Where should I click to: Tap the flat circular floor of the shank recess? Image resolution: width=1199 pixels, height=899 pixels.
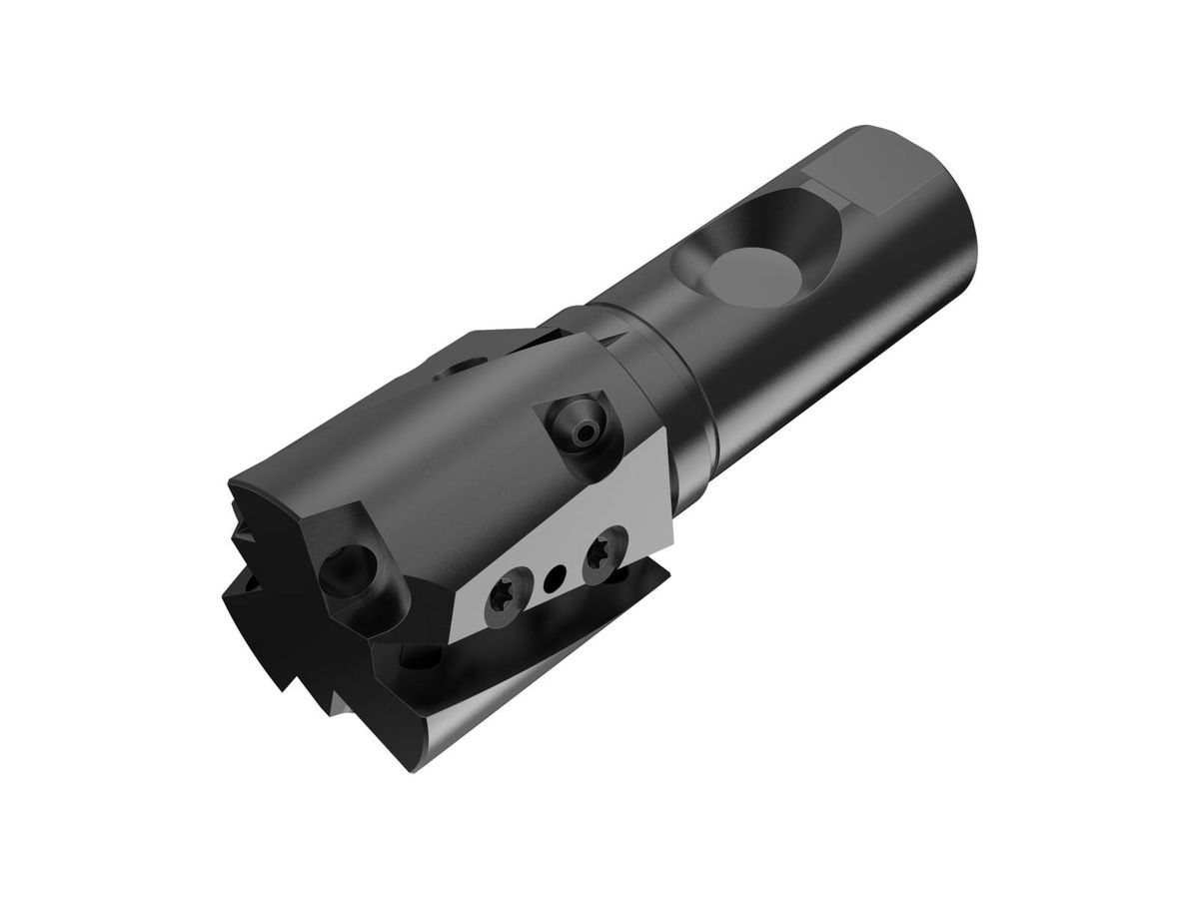click(751, 273)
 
